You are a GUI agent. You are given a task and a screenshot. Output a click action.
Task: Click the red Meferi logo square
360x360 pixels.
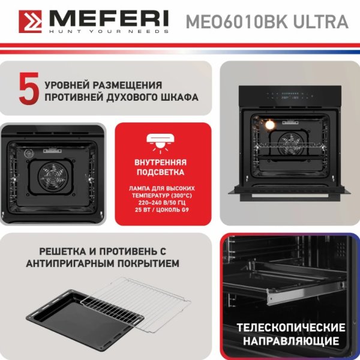(31, 22)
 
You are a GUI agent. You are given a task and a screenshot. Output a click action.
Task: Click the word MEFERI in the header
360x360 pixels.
(109, 19)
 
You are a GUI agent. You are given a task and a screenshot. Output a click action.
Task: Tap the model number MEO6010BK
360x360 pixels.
(236, 22)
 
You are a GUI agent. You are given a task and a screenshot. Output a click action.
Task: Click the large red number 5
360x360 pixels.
(29, 89)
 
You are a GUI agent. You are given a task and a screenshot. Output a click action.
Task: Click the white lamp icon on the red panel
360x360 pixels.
(160, 143)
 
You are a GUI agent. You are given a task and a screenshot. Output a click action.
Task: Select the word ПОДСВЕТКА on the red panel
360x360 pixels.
(160, 172)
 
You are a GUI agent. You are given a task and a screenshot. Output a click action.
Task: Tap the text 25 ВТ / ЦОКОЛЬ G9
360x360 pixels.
(162, 209)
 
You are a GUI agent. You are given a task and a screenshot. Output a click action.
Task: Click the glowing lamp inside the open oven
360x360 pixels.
(270, 125)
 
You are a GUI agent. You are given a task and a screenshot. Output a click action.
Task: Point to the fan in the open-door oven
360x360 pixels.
(290, 145)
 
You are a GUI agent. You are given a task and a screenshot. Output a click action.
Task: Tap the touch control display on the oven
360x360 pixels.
(290, 96)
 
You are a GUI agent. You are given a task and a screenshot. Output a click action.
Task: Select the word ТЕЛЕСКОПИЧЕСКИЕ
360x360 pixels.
(291, 328)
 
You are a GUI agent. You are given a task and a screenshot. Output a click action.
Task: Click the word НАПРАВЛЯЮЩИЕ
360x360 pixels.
(291, 341)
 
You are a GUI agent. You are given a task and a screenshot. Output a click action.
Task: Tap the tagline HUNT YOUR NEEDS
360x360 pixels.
(109, 31)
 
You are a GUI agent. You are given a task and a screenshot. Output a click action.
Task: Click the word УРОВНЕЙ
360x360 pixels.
(67, 85)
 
